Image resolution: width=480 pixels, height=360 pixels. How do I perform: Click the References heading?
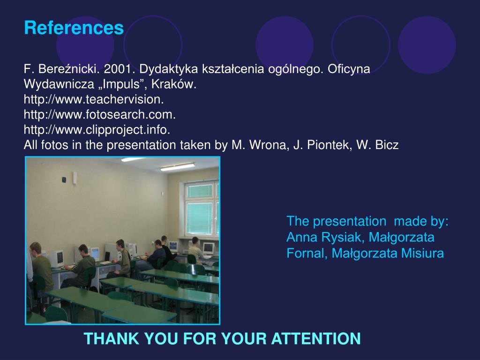click(74, 28)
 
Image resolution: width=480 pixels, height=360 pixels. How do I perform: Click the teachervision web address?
click(94, 99)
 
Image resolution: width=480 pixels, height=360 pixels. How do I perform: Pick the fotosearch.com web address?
click(99, 115)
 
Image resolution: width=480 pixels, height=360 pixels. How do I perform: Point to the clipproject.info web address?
click(97, 130)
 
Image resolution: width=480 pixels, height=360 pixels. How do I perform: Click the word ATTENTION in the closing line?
click(316, 338)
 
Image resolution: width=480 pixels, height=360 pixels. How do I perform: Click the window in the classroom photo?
click(202, 210)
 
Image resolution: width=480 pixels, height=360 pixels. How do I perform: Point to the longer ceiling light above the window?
click(178, 167)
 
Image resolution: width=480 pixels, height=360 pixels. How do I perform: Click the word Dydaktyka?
click(169, 69)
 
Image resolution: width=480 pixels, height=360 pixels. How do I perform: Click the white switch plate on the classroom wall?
click(75, 178)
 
